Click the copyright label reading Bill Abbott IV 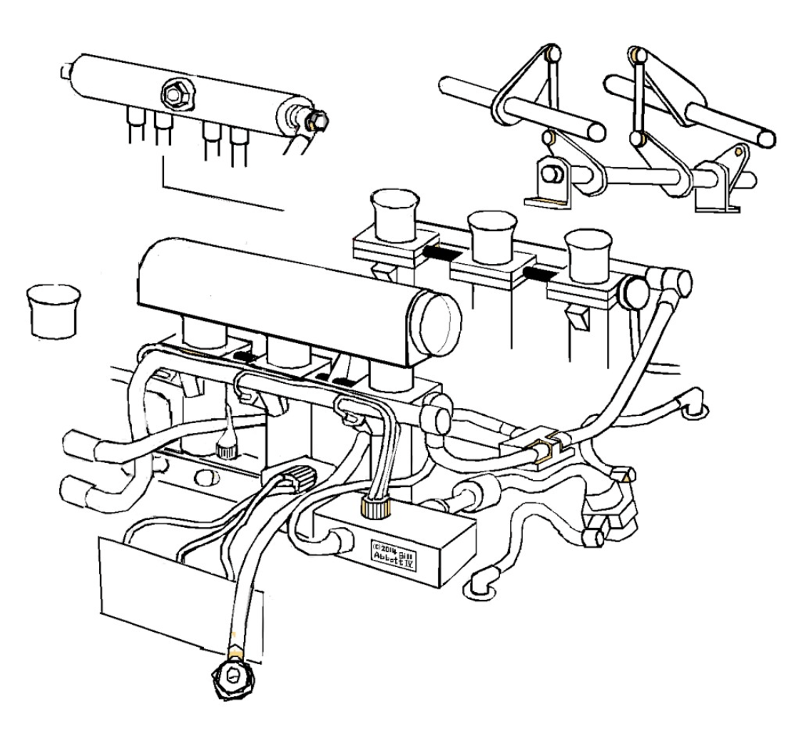(x=393, y=553)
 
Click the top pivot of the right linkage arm (x=638, y=55)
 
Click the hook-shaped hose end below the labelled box (x=481, y=583)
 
